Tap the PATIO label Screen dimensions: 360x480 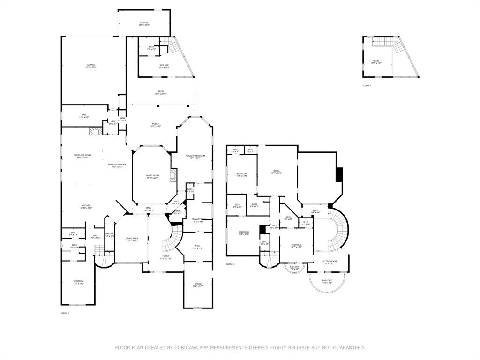point(161,92)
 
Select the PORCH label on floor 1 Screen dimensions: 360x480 point(155,124)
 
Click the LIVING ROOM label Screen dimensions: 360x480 point(152,176)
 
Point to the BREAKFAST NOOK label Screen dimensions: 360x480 point(117,165)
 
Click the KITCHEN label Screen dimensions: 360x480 point(86,206)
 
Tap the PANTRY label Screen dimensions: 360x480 point(109,234)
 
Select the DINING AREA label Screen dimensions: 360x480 point(132,239)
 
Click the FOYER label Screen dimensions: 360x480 point(166,256)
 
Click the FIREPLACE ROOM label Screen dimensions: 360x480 point(82,156)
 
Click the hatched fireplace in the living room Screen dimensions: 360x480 point(173,176)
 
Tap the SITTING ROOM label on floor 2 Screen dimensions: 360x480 point(330,262)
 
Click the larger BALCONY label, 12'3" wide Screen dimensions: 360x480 point(327,281)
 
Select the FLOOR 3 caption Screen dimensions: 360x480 point(367,86)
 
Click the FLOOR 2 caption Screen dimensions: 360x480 point(230,264)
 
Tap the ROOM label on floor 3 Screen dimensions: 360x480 point(376,61)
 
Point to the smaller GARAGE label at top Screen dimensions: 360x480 point(144,23)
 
